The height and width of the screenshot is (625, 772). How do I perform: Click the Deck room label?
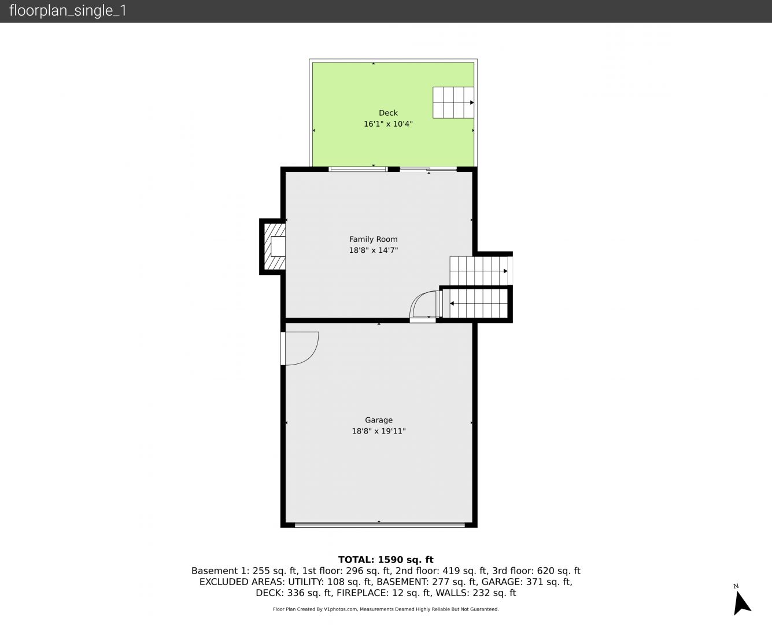(x=388, y=113)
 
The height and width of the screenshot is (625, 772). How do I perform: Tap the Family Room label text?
(x=374, y=239)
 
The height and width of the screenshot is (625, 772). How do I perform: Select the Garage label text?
(x=379, y=420)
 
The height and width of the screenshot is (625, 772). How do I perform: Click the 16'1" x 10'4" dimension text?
(x=388, y=124)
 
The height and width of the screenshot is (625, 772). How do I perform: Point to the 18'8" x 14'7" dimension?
(x=374, y=251)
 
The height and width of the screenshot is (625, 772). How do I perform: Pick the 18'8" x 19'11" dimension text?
(x=379, y=431)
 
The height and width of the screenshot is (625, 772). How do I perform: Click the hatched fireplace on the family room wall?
(x=274, y=247)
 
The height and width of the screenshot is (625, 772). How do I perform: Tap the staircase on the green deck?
(x=453, y=102)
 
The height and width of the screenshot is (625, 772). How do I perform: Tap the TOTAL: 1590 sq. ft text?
(x=386, y=560)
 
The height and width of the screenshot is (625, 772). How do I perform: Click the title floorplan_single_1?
(x=68, y=11)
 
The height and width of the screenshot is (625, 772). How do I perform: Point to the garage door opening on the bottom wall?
(x=379, y=524)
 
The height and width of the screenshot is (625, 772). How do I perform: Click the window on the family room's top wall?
(x=358, y=169)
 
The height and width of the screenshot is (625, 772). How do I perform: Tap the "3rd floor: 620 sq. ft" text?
(x=536, y=571)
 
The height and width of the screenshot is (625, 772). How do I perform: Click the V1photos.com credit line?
(x=386, y=609)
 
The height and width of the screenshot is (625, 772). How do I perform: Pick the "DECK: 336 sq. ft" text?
(x=294, y=593)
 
